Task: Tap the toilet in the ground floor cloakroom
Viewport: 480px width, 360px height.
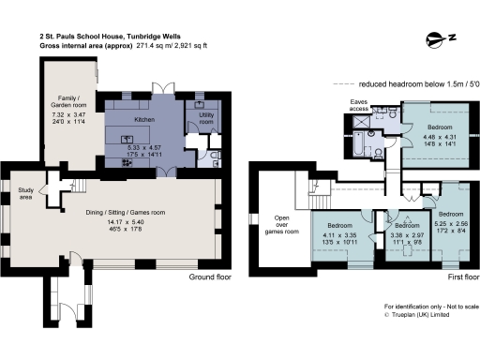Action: click(x=214, y=157)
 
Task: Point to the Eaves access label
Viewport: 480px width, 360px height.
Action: click(x=358, y=105)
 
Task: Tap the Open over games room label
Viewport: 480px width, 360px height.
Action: click(x=285, y=224)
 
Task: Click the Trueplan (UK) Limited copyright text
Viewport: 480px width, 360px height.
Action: click(x=424, y=316)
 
